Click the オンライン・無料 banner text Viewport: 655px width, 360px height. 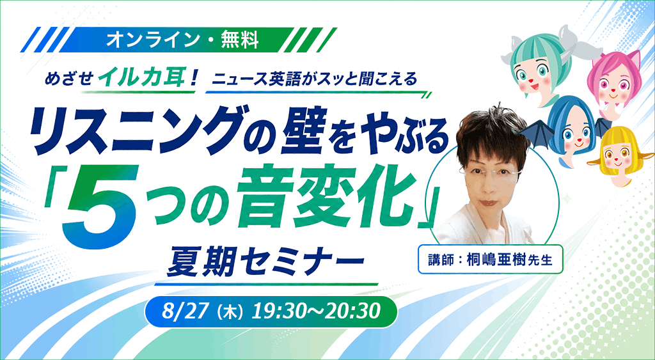pyautogui.click(x=182, y=40)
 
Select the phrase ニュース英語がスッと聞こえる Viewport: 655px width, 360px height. pyautogui.click(x=315, y=79)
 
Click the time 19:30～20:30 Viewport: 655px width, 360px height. pyautogui.click(x=315, y=312)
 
